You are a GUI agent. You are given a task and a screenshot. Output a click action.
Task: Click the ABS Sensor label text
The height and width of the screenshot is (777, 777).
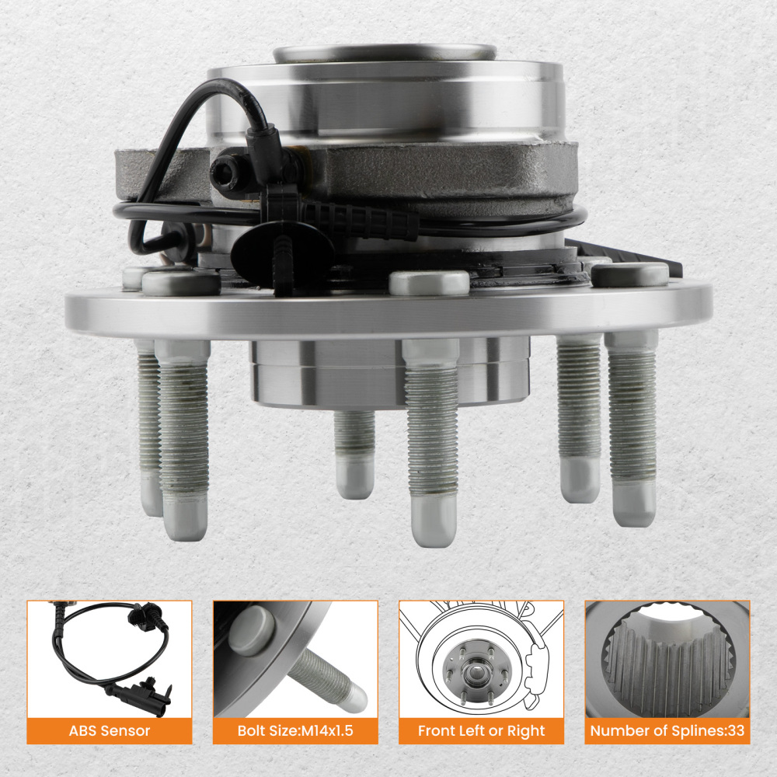tap(109, 731)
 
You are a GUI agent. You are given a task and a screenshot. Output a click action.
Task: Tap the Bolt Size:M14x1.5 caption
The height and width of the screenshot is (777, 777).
tap(295, 731)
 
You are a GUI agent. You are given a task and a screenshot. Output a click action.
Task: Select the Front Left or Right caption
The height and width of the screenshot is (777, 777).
tap(482, 731)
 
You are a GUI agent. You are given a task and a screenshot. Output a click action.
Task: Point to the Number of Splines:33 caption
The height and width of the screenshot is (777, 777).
tap(667, 731)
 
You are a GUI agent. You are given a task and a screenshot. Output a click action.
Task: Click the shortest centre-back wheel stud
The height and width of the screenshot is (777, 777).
tap(355, 451)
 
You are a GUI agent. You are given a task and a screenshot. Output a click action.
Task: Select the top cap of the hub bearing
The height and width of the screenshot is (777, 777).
tap(385, 53)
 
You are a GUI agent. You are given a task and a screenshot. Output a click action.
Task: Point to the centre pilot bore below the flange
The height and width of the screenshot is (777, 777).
tap(388, 373)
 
